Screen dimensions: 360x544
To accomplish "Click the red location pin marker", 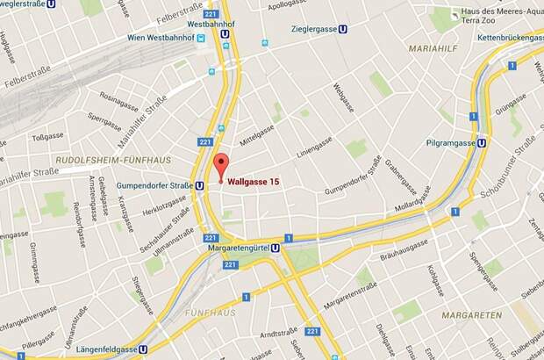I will (220, 164).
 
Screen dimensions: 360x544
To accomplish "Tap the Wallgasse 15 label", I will (254, 182).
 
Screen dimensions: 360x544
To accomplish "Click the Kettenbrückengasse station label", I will (506, 40).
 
